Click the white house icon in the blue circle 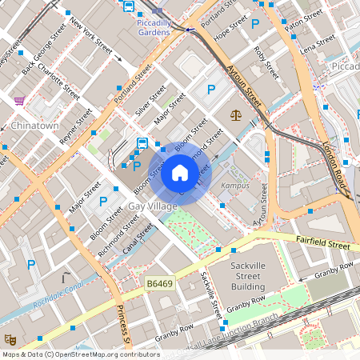[x=180, y=172]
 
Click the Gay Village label [x=152, y=207]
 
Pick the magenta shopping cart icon [x=18, y=101]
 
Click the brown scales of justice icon [x=236, y=115]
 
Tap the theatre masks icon [x=9, y=340]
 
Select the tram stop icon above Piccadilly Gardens [x=128, y=6]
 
